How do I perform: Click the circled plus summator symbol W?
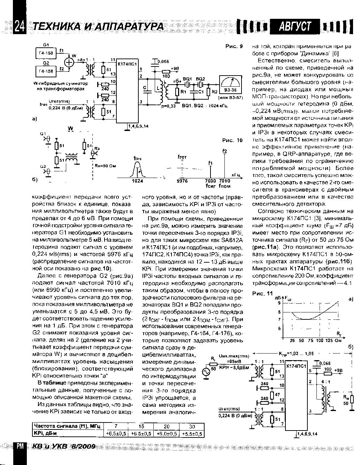pyautogui.click(x=70, y=62)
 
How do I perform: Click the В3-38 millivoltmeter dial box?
pyautogui.click(x=230, y=84)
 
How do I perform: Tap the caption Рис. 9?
pyautogui.click(x=233, y=46)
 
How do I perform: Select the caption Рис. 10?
pyautogui.click(x=232, y=140)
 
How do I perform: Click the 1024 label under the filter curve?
pyautogui.click(x=138, y=181)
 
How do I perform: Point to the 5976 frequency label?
pyautogui.click(x=182, y=181)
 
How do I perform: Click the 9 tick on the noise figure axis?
pyautogui.click(x=278, y=303)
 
